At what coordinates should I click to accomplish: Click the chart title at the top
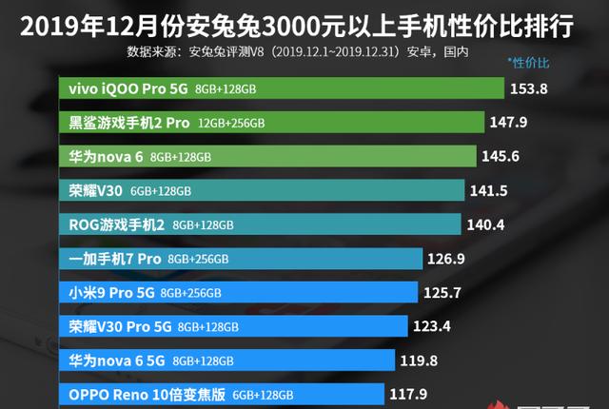[304, 21]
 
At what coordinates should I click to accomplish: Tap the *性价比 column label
[531, 64]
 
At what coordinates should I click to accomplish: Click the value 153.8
[530, 88]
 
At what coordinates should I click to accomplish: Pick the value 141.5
[489, 191]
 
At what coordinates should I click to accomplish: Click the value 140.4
[485, 224]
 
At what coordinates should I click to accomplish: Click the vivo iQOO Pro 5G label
[128, 88]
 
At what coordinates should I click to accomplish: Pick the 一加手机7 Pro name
[115, 259]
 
